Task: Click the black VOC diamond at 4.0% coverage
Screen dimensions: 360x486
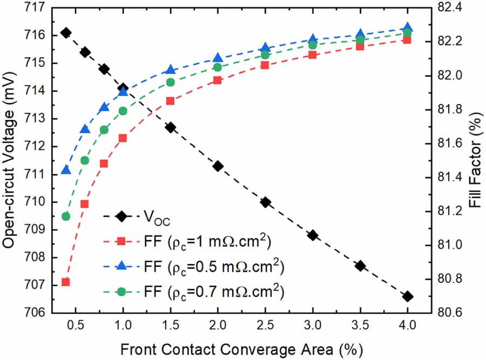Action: tap(407, 296)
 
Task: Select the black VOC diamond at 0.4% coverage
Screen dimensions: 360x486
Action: tap(66, 33)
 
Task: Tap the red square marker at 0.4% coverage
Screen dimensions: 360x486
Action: tap(66, 282)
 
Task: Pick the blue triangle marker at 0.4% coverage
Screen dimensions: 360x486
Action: tap(66, 170)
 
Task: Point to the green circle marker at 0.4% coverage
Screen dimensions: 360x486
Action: tap(66, 216)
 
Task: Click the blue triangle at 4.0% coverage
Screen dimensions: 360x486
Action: tap(407, 28)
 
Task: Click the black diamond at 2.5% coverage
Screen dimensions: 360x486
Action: tap(265, 202)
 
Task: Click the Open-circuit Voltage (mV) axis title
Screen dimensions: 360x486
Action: tap(10, 160)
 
